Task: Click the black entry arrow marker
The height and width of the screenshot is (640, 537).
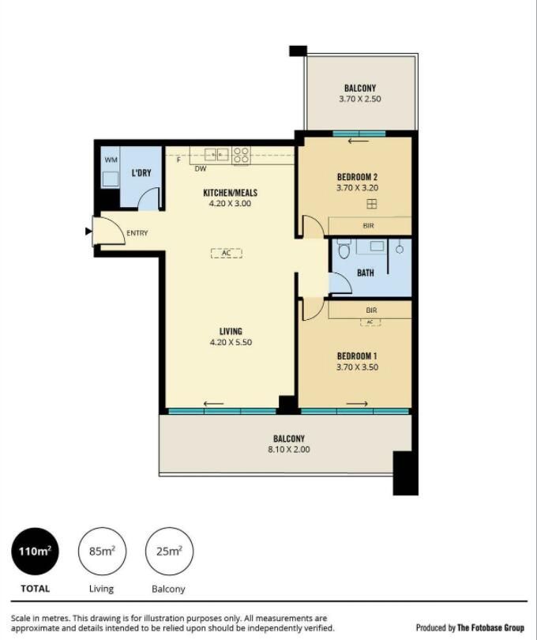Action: click(x=88, y=232)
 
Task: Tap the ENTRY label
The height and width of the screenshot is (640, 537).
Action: click(x=137, y=233)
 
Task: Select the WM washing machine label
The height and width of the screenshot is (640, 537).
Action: click(x=111, y=160)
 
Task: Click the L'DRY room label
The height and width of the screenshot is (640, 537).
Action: click(x=141, y=173)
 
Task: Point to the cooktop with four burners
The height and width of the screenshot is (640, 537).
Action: click(x=241, y=156)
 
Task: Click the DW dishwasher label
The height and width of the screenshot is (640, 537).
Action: click(x=201, y=168)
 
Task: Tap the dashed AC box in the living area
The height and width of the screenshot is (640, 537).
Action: click(x=227, y=253)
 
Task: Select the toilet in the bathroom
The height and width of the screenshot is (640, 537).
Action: click(x=345, y=249)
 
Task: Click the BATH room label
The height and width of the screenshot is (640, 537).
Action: click(x=365, y=273)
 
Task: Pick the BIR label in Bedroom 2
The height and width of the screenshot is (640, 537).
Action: click(x=368, y=225)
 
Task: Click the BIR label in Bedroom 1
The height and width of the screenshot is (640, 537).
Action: click(x=371, y=311)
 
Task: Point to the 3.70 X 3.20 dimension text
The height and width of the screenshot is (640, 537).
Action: click(x=357, y=188)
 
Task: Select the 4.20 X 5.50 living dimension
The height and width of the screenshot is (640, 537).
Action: click(x=231, y=342)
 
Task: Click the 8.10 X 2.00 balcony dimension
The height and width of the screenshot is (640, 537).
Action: click(x=288, y=449)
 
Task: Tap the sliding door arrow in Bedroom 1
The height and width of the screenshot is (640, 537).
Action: click(x=357, y=404)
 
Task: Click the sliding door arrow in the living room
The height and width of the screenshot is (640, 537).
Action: click(x=214, y=404)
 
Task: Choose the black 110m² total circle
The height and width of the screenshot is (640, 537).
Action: click(x=35, y=551)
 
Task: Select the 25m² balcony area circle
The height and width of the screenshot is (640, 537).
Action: click(x=169, y=551)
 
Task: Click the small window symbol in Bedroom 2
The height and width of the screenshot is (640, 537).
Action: click(x=372, y=204)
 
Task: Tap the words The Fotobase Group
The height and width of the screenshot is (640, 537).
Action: click(x=490, y=627)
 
